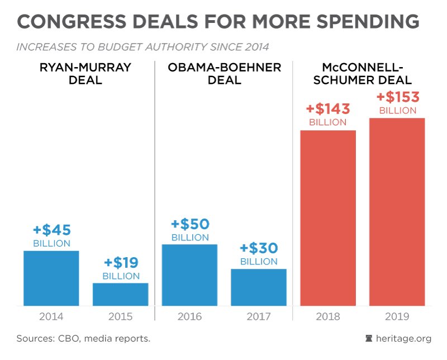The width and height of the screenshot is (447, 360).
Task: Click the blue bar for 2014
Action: point(51,278)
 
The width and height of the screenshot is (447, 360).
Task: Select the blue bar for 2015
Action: point(120,295)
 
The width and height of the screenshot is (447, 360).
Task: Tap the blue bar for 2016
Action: point(189,275)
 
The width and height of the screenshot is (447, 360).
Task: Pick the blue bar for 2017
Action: point(259,287)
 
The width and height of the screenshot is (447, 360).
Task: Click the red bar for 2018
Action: point(328,218)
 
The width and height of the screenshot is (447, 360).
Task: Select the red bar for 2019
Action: point(397,212)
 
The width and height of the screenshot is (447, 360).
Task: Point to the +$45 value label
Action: point(51,230)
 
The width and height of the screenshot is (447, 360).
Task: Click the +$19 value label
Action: point(120,263)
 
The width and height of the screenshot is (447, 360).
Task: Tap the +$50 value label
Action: point(190,224)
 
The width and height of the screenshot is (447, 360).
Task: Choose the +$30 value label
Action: point(259,248)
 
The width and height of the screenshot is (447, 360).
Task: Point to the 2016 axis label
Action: point(189,317)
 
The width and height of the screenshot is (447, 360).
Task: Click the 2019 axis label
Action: point(397,317)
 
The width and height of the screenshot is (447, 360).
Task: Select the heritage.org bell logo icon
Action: point(368,339)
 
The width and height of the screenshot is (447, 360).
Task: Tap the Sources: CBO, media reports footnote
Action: point(83,339)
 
